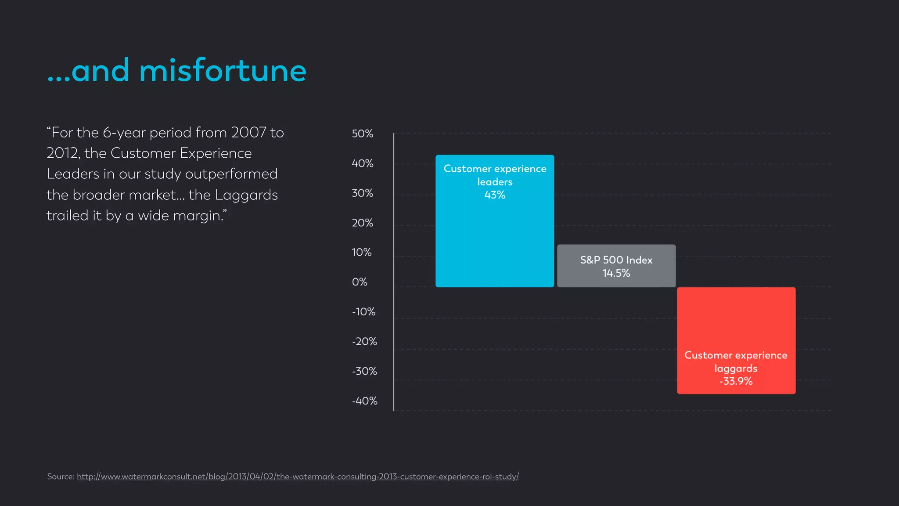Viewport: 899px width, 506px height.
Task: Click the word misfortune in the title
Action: point(223,71)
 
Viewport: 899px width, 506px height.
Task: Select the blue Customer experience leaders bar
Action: point(495,242)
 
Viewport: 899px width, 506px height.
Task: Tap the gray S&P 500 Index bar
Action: point(616,266)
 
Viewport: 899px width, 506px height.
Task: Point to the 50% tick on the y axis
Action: point(362,134)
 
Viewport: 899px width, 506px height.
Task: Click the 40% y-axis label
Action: point(362,163)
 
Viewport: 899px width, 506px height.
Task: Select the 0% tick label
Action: point(360,282)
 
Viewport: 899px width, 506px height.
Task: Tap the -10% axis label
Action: point(363,312)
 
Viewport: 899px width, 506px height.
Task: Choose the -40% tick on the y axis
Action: point(364,401)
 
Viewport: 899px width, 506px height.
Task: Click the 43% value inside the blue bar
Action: point(495,195)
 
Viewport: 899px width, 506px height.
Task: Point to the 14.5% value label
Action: point(616,273)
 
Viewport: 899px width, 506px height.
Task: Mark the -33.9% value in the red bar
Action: point(736,381)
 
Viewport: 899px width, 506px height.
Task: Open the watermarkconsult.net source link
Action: point(298,477)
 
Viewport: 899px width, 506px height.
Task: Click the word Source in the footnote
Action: point(60,477)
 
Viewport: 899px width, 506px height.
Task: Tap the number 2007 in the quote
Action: point(248,133)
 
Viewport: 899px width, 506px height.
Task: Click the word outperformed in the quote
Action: point(231,174)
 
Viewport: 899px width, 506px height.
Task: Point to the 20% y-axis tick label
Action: point(362,223)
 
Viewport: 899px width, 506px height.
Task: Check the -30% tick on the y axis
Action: point(364,371)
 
